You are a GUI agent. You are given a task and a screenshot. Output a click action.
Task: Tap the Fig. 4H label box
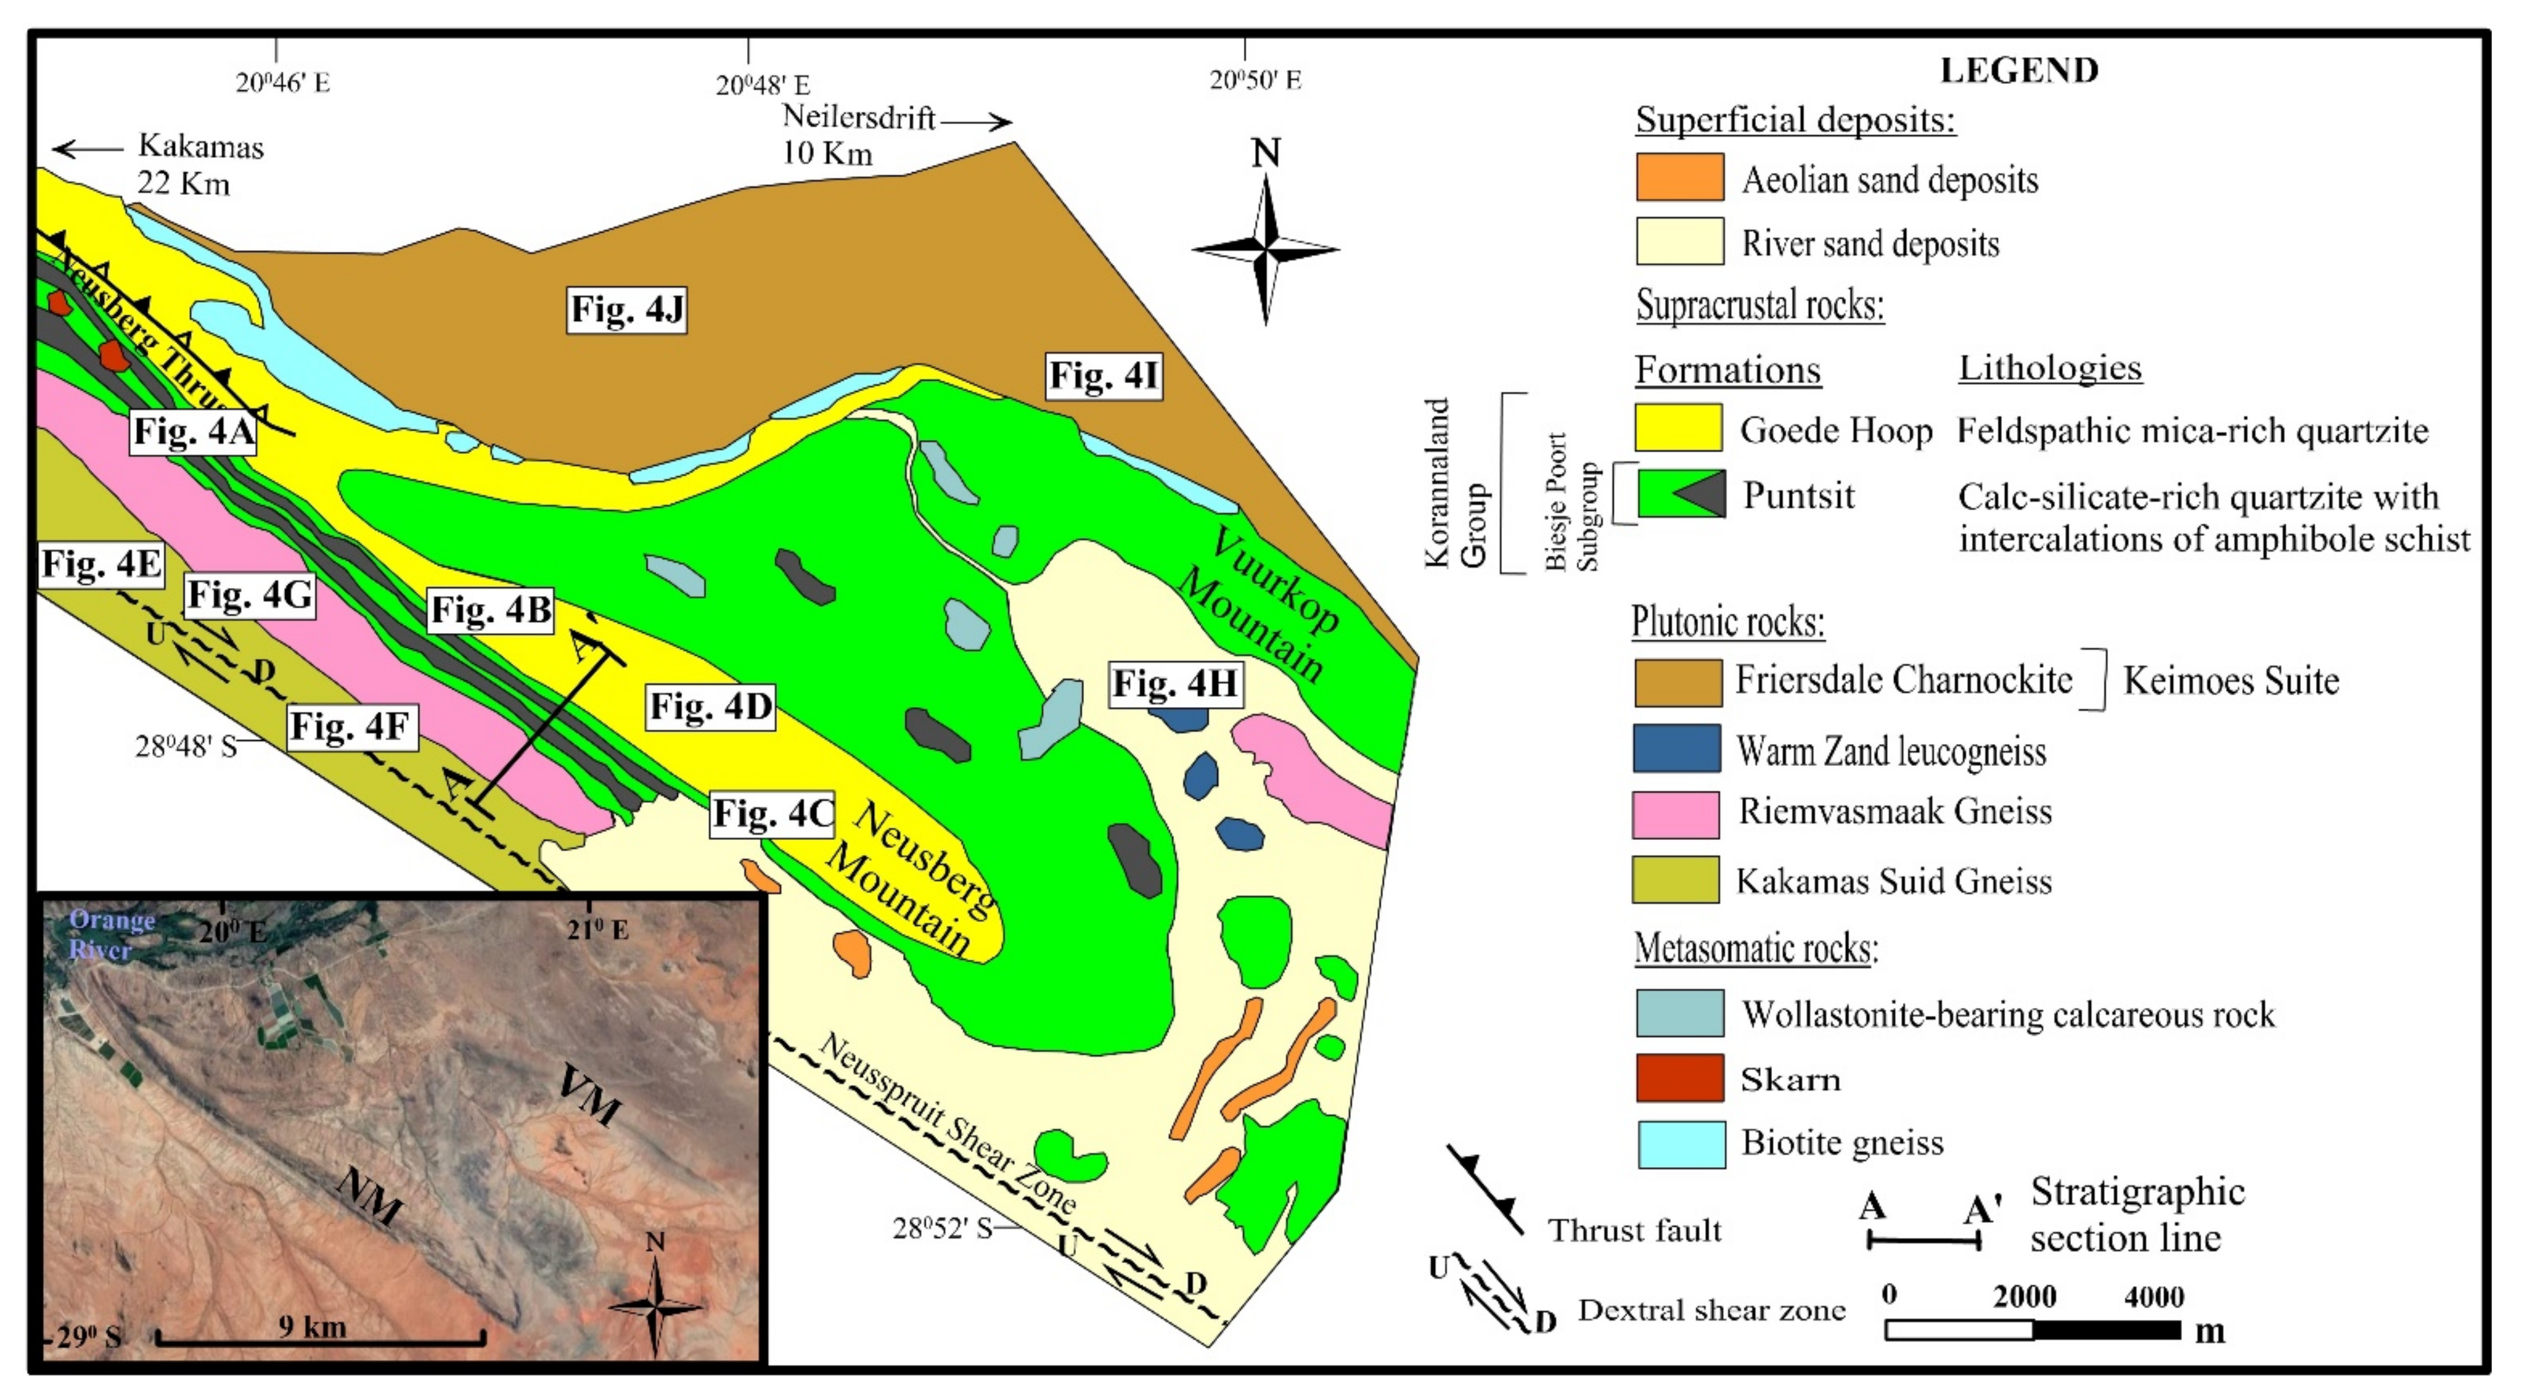1174,683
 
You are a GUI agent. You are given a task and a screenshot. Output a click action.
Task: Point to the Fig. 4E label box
101,565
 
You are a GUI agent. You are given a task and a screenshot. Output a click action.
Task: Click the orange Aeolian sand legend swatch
1679,178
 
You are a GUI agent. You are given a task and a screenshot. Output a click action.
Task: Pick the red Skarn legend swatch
1679,1078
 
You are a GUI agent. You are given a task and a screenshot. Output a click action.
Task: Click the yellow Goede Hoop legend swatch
1677,428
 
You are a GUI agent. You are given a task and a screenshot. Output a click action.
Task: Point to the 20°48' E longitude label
763,85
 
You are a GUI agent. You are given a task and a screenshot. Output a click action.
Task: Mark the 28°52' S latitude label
942,1227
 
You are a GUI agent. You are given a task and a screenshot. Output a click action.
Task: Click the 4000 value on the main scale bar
2153,1297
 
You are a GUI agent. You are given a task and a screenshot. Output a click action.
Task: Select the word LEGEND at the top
2020,71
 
